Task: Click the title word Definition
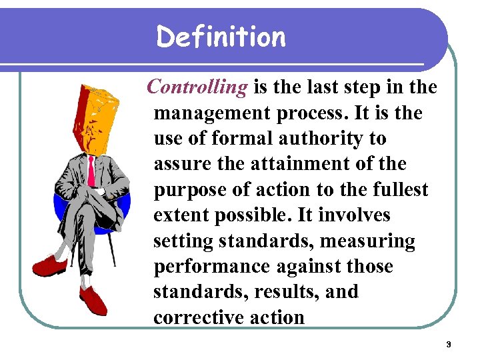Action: (x=221, y=37)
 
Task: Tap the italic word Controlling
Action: (x=197, y=87)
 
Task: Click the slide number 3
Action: (x=449, y=345)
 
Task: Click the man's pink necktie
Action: (x=91, y=171)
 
